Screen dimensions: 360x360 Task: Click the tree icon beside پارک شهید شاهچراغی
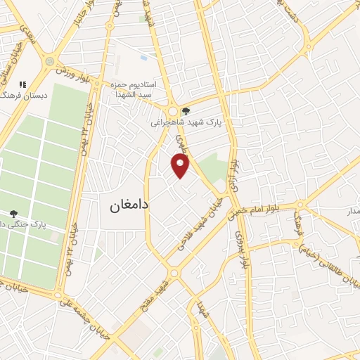[185, 111]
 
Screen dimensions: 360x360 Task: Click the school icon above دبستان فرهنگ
[22, 84]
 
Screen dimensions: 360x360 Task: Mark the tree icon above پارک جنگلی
[13, 213]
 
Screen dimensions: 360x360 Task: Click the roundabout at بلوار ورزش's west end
[49, 61]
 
